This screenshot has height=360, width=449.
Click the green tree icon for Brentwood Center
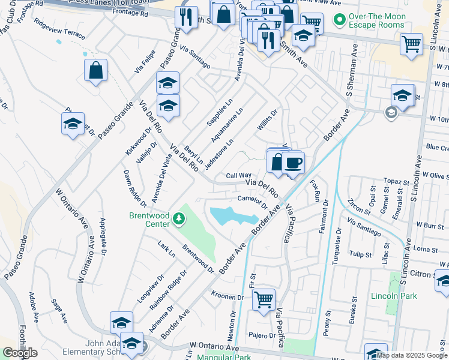(178, 220)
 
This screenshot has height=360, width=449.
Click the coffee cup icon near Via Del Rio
(293, 163)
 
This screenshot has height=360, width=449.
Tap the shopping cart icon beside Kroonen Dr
(264, 299)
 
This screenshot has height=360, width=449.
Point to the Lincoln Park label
(394, 296)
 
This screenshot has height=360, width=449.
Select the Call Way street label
(238, 176)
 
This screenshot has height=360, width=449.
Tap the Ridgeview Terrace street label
(60, 32)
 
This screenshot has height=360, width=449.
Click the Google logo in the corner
(20, 353)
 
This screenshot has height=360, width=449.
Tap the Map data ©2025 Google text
(412, 355)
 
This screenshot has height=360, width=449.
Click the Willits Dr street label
(268, 122)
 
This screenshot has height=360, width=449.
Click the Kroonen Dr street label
(228, 296)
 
